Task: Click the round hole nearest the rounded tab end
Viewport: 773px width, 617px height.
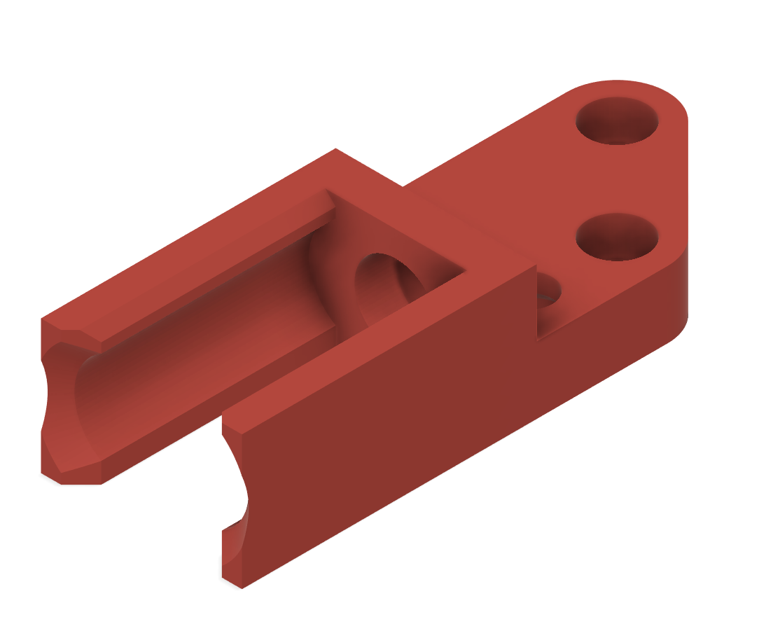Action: tap(617, 121)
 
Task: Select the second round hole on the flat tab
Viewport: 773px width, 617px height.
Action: tap(617, 237)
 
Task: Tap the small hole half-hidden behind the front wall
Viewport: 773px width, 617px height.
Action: tap(549, 298)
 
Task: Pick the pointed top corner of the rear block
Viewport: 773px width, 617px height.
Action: tap(335, 150)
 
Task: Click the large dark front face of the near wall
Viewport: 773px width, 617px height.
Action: tap(392, 434)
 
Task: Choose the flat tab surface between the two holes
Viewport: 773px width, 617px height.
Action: tap(616, 179)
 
